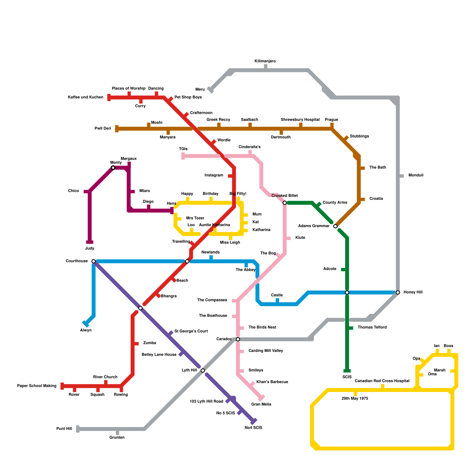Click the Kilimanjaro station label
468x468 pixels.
[265, 61]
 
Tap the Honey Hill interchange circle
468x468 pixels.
[398, 292]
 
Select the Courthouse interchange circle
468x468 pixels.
[94, 261]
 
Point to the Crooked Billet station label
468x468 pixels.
[284, 196]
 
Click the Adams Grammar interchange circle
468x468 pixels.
[335, 226]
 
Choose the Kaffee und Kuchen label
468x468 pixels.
[85, 97]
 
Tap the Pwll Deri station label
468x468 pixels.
[103, 128]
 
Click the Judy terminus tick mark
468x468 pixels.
[90, 242]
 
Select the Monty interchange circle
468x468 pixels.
[113, 168]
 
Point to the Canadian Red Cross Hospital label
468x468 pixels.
[382, 381]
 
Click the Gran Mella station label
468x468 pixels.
[261, 404]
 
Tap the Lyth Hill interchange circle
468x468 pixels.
[203, 371]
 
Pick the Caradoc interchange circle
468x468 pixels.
[238, 339]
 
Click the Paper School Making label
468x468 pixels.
[37, 386]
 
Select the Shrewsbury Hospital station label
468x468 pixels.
[300, 120]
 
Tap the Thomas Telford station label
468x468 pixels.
[372, 327]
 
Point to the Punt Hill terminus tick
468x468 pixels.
[78, 429]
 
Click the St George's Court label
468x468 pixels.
[191, 331]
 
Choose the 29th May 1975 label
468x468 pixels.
[355, 398]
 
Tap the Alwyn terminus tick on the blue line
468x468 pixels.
[86, 324]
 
